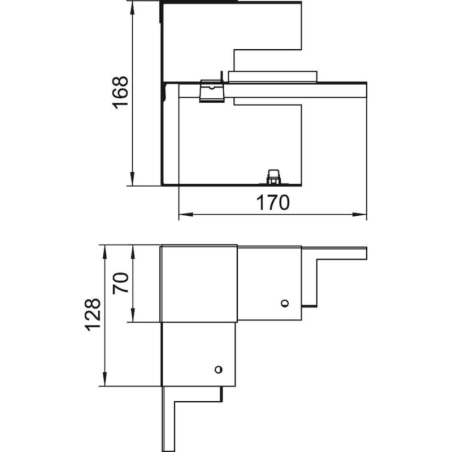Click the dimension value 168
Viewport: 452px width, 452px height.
120,92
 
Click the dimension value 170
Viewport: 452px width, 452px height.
273,202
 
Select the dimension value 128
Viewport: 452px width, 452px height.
93,315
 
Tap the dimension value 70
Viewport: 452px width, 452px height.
120,283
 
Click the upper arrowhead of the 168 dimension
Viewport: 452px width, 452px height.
132,8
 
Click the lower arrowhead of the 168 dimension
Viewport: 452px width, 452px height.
132,179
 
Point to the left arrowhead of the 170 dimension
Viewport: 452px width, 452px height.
186,215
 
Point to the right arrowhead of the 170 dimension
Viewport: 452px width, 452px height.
359,215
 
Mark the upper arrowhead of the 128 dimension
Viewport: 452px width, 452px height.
105,252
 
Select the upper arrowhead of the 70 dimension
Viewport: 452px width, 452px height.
133,252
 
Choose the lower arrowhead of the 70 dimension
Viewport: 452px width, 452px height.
133,315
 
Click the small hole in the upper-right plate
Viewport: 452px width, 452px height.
285,303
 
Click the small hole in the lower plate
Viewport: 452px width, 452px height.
219,370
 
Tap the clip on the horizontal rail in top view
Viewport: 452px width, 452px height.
212,91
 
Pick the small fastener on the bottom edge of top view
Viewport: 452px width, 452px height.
273,177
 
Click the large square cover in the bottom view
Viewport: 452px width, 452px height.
199,284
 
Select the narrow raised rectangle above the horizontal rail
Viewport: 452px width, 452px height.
273,77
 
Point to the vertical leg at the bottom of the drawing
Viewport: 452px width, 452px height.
168,419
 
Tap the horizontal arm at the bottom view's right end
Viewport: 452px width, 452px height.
342,253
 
